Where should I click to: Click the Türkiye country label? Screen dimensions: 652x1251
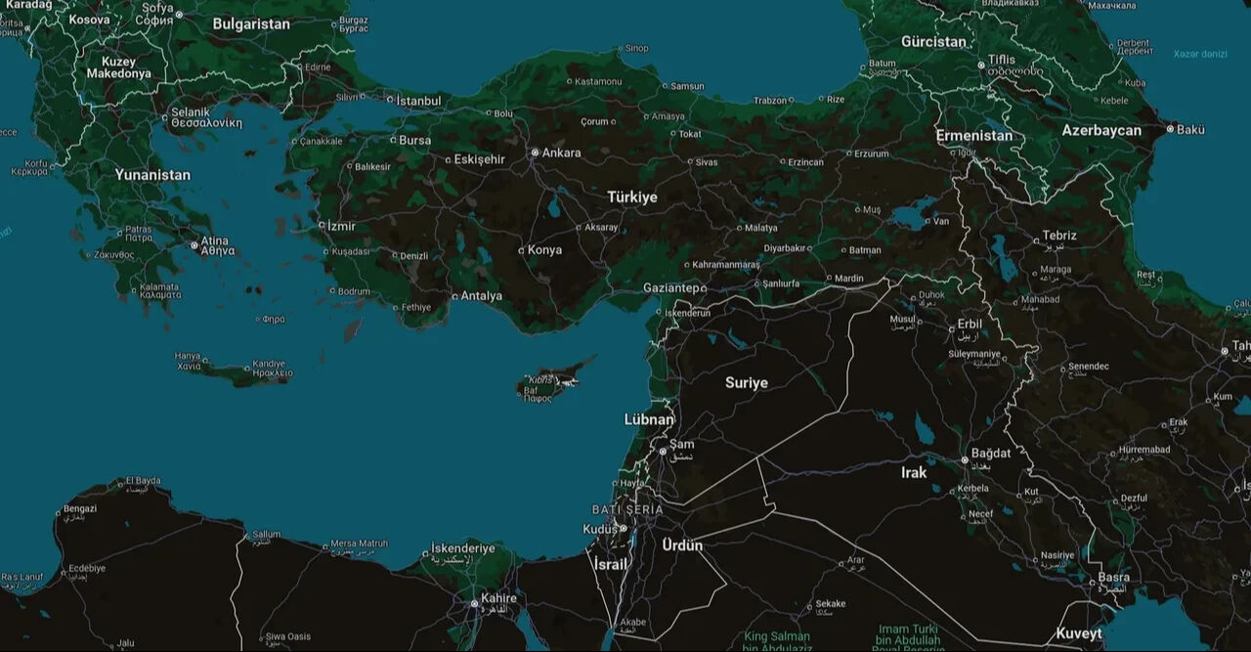[x=632, y=197]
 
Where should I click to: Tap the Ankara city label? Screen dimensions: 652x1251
[x=561, y=152]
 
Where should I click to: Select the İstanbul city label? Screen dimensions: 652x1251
[x=417, y=101]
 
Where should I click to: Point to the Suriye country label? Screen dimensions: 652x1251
[x=746, y=383]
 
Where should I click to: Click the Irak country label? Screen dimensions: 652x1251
[x=913, y=473]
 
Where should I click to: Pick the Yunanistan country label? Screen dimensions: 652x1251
[x=152, y=175]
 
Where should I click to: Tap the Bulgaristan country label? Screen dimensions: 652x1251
[x=251, y=24]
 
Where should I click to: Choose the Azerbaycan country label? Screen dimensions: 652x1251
[x=1101, y=131]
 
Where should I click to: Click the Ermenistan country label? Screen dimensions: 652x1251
[x=973, y=136]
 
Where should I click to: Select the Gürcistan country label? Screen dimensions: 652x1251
[x=932, y=42]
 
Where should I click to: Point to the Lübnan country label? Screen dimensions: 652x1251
[x=649, y=420]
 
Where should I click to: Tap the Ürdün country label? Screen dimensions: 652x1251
[x=682, y=545]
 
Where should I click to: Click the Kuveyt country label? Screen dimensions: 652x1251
[x=1079, y=633]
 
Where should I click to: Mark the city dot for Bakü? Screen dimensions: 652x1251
[x=1170, y=129]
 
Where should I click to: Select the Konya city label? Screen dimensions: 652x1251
[x=544, y=250]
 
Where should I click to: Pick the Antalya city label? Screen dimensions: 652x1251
[x=481, y=296]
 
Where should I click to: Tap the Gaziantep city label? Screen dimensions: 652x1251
[x=671, y=288]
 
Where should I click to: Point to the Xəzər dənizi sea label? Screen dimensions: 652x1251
[x=1200, y=54]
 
